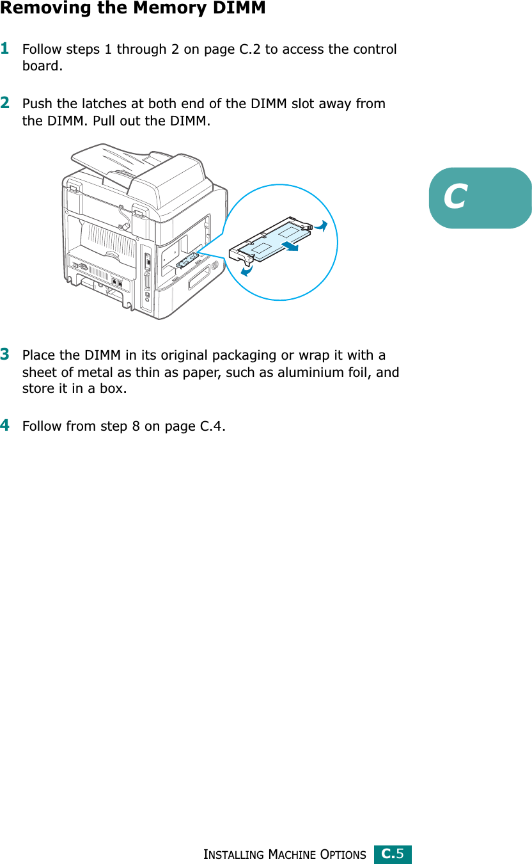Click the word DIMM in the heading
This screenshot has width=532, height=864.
(x=241, y=9)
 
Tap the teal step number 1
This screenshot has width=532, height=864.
(x=5, y=48)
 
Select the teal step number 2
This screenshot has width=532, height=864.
(x=5, y=102)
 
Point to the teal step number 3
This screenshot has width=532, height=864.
(x=5, y=354)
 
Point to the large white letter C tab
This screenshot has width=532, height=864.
(x=456, y=197)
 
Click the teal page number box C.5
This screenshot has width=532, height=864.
(x=393, y=854)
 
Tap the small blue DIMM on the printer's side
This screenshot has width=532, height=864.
(x=187, y=259)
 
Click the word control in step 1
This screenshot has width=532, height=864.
(x=375, y=49)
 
